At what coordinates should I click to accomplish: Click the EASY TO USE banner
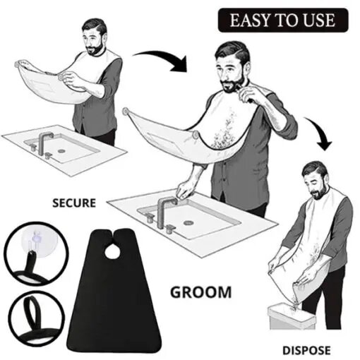click(283, 20)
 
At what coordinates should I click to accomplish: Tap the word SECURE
click(74, 203)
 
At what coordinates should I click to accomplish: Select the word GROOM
click(200, 292)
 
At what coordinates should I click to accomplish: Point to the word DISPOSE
click(306, 351)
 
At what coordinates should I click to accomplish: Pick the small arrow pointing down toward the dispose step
click(320, 133)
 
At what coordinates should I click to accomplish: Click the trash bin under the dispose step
click(292, 316)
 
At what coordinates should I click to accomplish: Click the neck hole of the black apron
click(112, 253)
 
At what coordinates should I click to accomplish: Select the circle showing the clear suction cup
click(36, 253)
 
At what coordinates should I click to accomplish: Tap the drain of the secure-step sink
click(61, 150)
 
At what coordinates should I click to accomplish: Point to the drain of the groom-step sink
click(188, 222)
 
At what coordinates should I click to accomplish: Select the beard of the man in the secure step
click(95, 50)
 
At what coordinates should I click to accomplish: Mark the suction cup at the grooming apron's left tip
click(125, 111)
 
